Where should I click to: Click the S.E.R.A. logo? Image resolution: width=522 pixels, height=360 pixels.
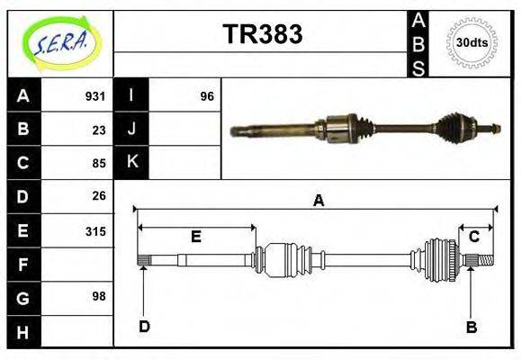[61, 43]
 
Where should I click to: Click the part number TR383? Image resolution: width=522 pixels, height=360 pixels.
[262, 34]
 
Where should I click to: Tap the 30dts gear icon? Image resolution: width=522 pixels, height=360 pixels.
[472, 42]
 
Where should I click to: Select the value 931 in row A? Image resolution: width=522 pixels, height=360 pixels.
[94, 96]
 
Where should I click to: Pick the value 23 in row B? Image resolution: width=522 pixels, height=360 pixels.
[98, 130]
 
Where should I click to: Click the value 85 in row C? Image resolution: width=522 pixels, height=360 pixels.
[98, 164]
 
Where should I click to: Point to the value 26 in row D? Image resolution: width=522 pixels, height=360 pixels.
[98, 195]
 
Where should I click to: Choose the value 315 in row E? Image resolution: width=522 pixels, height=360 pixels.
[94, 231]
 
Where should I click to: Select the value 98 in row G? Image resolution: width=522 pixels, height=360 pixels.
[98, 296]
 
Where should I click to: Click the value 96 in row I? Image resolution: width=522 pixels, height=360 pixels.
[207, 96]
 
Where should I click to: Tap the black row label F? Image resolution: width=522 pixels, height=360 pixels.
[23, 265]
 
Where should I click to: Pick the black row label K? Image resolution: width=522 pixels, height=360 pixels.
[131, 163]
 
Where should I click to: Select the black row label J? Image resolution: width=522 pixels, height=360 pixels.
[131, 130]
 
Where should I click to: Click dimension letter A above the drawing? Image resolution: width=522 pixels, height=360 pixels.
[318, 201]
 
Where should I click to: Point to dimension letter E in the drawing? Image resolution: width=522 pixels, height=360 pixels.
[195, 237]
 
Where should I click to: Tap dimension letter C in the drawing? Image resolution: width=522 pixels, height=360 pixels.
[473, 237]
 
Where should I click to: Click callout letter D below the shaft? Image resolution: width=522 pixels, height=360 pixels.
[144, 326]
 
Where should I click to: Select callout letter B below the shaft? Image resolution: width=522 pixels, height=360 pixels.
[471, 327]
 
